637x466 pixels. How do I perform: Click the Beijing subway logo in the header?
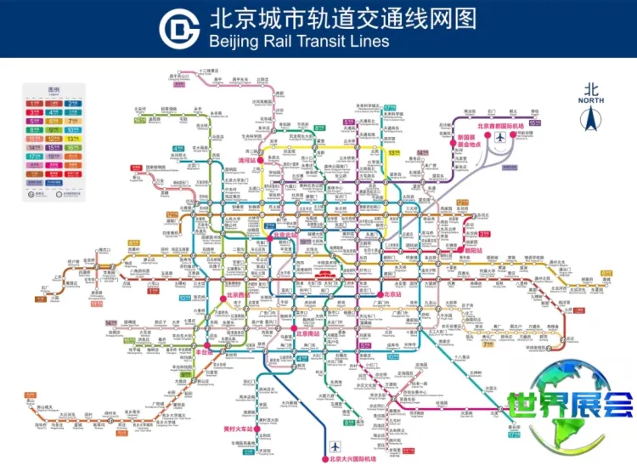coord(178,28)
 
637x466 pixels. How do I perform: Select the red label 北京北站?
coord(288,234)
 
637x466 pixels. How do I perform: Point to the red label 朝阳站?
coord(473,251)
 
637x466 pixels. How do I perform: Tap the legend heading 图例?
coord(54,89)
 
